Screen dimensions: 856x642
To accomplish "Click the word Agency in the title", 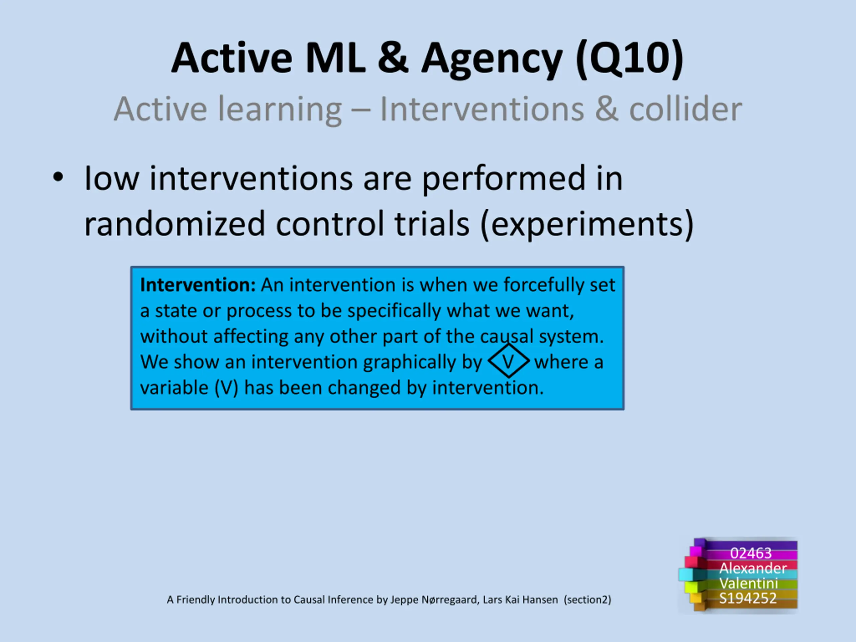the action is pyautogui.click(x=492, y=60).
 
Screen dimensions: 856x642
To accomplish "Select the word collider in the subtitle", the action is pyautogui.click(x=686, y=109).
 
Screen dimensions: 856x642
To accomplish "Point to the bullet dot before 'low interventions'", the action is pyautogui.click(x=58, y=178).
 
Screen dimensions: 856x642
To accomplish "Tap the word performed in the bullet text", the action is pyautogui.click(x=504, y=179).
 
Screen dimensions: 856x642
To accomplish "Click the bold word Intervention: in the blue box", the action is pyautogui.click(x=198, y=285).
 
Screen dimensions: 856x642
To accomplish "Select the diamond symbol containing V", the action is pyautogui.click(x=509, y=361).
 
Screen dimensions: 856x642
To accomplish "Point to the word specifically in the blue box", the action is pyautogui.click(x=394, y=311).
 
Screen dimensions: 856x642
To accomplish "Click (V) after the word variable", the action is pyautogui.click(x=226, y=388).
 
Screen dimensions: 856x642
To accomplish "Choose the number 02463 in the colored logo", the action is pyautogui.click(x=751, y=553).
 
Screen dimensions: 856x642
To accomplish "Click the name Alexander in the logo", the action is pyautogui.click(x=753, y=568).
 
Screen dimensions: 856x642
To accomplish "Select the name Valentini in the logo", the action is pyautogui.click(x=748, y=583).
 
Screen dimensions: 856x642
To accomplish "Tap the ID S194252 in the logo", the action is pyautogui.click(x=748, y=598).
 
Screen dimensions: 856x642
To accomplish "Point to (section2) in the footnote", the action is pyautogui.click(x=587, y=600).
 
